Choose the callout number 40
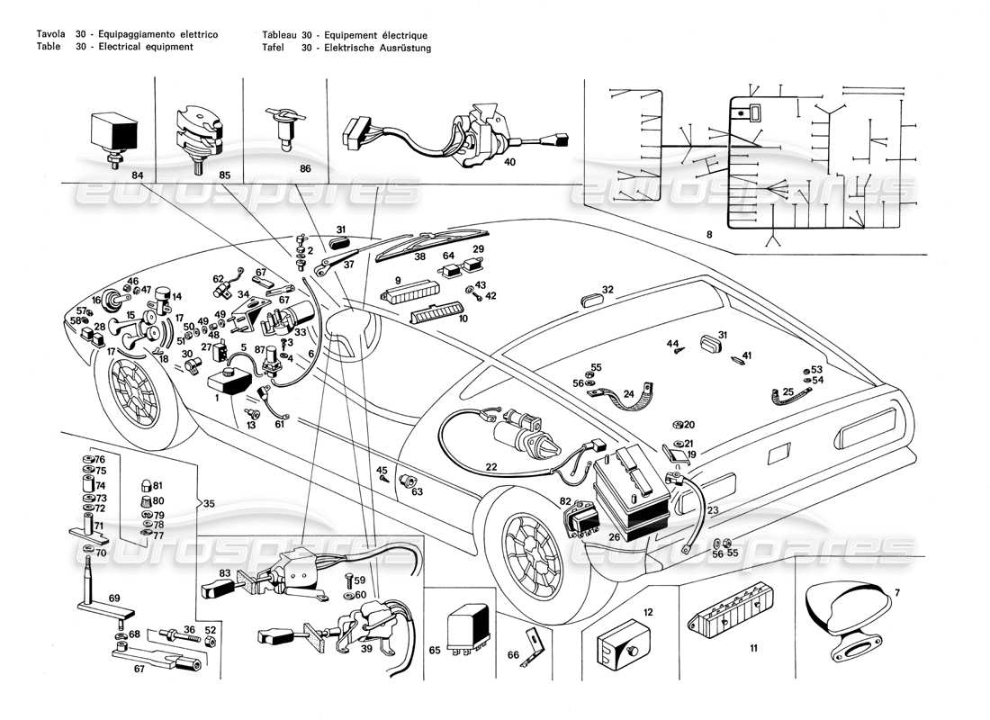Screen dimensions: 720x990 [510, 163]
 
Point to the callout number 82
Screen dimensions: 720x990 [563, 500]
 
